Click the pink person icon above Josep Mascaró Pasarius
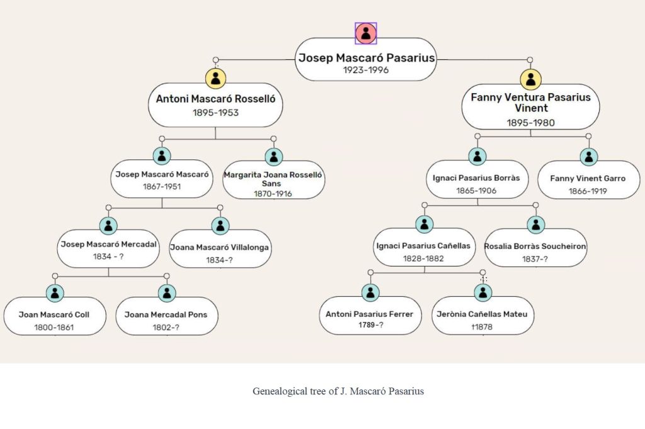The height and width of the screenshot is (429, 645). [x=366, y=33]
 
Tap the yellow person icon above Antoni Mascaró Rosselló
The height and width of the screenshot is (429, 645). [x=215, y=78]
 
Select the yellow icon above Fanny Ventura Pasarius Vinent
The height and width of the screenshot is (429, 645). [x=530, y=79]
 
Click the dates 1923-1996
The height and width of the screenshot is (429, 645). [x=366, y=70]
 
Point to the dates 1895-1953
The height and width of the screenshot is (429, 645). [x=215, y=113]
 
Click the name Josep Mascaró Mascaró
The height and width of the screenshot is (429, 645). [x=162, y=174]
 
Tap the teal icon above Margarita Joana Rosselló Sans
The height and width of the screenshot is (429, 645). [x=273, y=157]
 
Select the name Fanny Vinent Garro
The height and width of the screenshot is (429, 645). [x=588, y=178]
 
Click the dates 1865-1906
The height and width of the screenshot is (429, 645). [x=476, y=190]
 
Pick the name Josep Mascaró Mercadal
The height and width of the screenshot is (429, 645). [x=108, y=244]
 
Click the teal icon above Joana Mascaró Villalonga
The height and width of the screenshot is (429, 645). [x=220, y=226]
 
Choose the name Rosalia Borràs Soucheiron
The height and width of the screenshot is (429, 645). [x=535, y=246]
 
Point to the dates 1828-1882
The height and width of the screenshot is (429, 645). [x=423, y=259]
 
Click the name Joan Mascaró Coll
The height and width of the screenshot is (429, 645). [x=54, y=314]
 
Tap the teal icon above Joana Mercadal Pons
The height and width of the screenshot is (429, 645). [x=166, y=293]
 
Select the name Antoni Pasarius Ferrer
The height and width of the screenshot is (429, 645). [x=369, y=314]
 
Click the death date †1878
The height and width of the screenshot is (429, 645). [x=482, y=327]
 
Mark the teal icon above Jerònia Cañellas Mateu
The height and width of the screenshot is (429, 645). [x=483, y=292]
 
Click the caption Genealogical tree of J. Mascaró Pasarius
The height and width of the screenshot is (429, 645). [x=338, y=391]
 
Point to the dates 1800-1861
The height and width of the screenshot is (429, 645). [x=54, y=328]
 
